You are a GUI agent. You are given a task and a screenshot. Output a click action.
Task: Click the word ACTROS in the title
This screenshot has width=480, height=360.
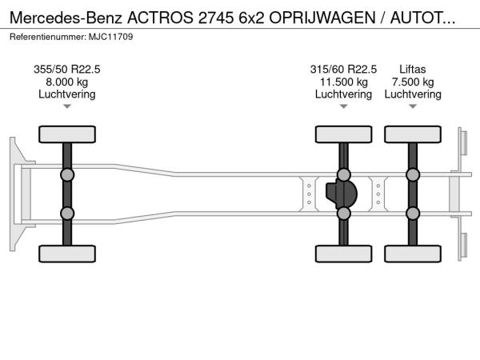pos(160,18)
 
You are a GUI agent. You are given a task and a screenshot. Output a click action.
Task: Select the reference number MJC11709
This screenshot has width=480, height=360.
pos(111,37)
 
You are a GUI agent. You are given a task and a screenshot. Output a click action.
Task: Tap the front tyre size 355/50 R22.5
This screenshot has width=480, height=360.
pos(67,69)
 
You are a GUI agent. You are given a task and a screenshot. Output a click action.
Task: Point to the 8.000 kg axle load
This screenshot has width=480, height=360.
pos(67,82)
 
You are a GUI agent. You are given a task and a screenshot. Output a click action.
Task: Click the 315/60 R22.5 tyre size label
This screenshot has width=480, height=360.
pos(343,69)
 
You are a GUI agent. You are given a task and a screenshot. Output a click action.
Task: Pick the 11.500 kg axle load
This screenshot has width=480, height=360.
pos(343,82)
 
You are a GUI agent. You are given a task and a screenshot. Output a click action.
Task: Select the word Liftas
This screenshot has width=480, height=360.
pos(413,69)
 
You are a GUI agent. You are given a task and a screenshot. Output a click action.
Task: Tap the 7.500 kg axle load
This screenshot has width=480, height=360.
pos(413,82)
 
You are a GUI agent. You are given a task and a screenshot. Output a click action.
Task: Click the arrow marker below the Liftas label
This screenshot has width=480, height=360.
pos(413,106)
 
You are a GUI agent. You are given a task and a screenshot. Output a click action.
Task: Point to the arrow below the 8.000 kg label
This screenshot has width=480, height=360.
pos(67,106)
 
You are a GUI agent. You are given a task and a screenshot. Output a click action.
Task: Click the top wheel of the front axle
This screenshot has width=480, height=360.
pos(67,134)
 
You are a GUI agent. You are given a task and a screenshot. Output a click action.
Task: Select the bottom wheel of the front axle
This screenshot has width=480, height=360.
pos(67,254)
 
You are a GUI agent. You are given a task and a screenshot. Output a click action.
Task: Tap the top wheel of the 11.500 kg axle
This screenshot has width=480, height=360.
pos(343,134)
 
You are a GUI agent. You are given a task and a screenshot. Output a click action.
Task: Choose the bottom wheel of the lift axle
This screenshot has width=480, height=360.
pos(413,254)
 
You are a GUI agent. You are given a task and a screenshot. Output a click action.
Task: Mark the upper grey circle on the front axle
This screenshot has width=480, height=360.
pos(67,175)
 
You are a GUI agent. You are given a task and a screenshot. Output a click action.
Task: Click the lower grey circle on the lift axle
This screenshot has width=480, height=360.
pos(413,214)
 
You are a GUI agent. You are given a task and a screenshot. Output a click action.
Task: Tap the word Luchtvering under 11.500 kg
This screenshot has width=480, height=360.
pos(343,94)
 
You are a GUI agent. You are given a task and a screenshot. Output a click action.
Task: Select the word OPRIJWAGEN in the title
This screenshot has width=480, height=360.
pos(322,18)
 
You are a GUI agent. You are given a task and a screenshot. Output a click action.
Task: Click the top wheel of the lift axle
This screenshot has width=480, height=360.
pos(413,134)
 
